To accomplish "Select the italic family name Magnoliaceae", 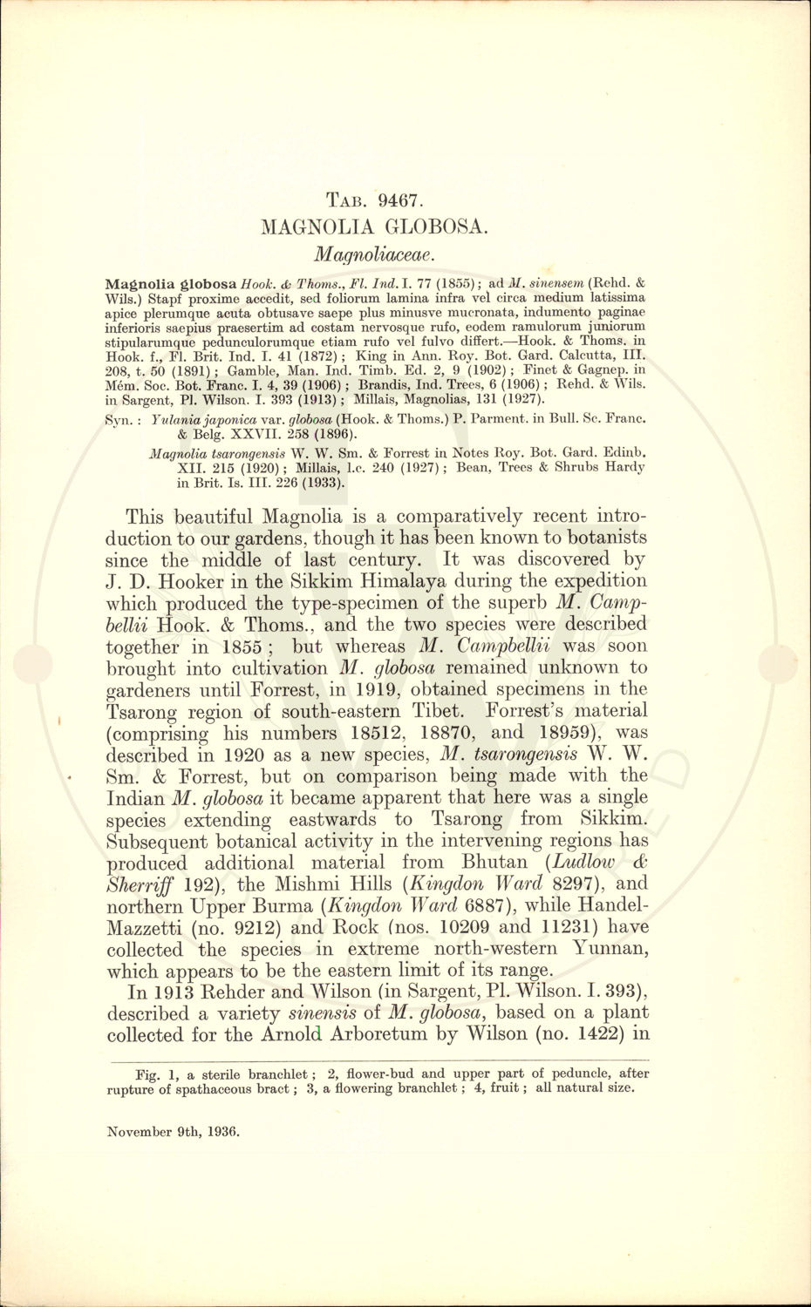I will coord(374,254).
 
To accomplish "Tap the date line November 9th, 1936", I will coord(173,1132).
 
